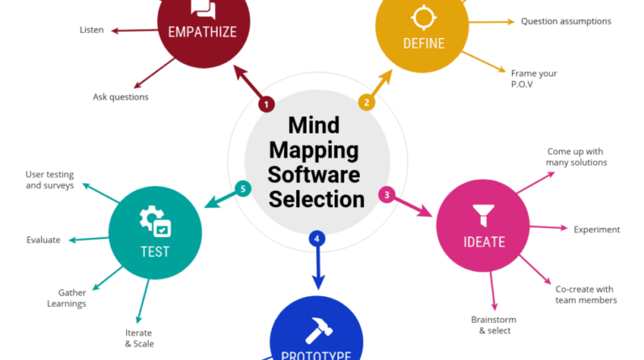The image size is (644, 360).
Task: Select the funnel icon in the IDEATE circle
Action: click(x=484, y=214)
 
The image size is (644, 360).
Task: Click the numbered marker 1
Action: click(x=267, y=104)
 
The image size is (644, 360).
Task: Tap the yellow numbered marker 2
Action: click(x=366, y=103)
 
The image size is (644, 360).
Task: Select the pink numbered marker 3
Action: click(x=388, y=194)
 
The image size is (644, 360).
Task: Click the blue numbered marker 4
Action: click(x=317, y=239)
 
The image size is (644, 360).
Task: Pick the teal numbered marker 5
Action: click(x=241, y=188)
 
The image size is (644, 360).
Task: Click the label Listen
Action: click(x=91, y=30)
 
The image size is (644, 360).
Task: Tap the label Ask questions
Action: click(x=121, y=97)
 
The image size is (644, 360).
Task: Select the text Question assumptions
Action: click(x=566, y=21)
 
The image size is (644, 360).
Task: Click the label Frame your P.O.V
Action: click(x=533, y=78)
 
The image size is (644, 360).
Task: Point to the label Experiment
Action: click(x=596, y=230)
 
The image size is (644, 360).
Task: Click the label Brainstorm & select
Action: click(x=494, y=325)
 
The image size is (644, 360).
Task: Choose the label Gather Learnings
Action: click(x=72, y=298)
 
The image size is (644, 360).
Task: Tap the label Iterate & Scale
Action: click(x=138, y=337)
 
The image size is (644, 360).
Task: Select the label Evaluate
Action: click(x=43, y=239)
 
